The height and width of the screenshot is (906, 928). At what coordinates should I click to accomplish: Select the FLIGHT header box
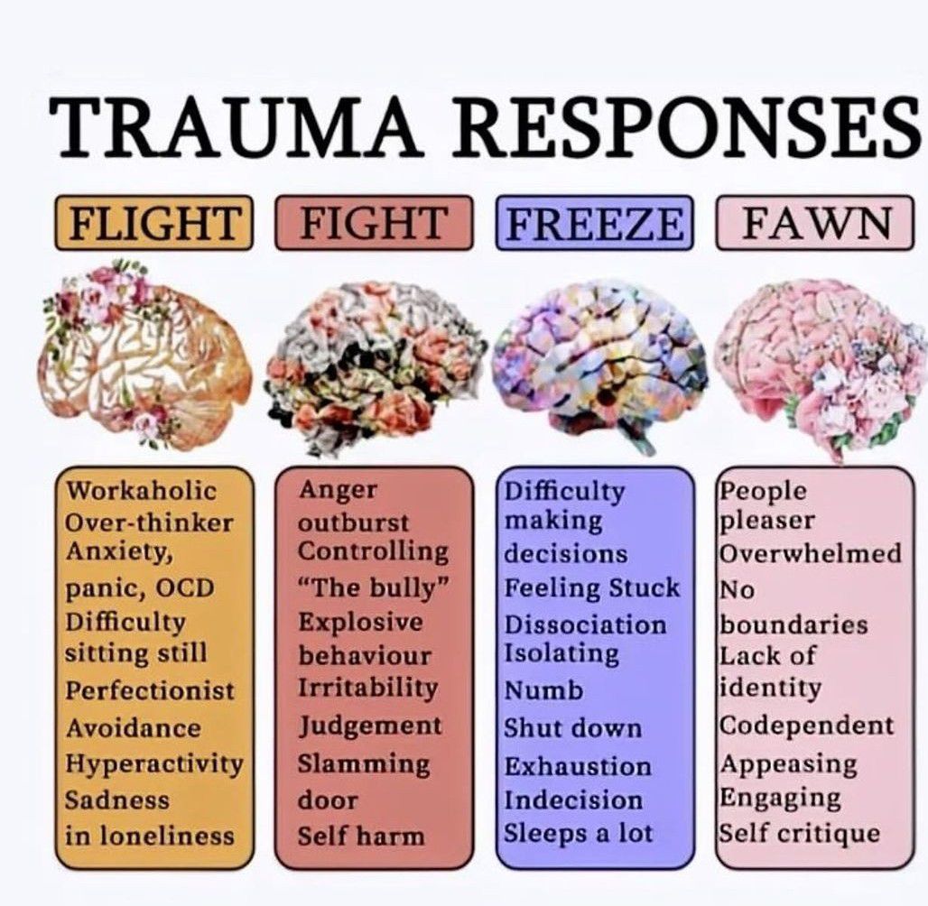(x=154, y=223)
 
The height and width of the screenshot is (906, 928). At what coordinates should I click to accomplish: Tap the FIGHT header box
(x=374, y=221)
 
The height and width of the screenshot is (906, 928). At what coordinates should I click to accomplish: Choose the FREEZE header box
(x=595, y=223)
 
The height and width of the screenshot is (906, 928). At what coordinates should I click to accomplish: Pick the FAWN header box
(x=815, y=223)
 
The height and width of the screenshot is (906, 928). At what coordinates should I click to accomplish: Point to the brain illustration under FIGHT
(x=374, y=365)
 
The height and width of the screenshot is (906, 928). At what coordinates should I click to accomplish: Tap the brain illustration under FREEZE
(x=601, y=361)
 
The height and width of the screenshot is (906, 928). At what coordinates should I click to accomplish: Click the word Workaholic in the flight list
(x=142, y=491)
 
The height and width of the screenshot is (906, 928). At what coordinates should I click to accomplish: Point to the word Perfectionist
(x=150, y=690)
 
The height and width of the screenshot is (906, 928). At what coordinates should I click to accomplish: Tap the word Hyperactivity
(x=154, y=764)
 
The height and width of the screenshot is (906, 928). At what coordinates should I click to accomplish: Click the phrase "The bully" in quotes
(x=374, y=588)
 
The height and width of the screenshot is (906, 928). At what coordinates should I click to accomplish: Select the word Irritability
(x=367, y=687)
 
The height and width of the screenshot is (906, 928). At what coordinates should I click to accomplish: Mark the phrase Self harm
(x=361, y=836)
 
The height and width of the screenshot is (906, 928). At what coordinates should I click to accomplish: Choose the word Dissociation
(x=585, y=624)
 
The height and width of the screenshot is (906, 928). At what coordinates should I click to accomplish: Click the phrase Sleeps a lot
(x=577, y=832)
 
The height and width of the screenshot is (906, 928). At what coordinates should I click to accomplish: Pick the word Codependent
(x=806, y=726)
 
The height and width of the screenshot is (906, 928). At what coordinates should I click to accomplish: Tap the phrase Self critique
(x=799, y=832)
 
